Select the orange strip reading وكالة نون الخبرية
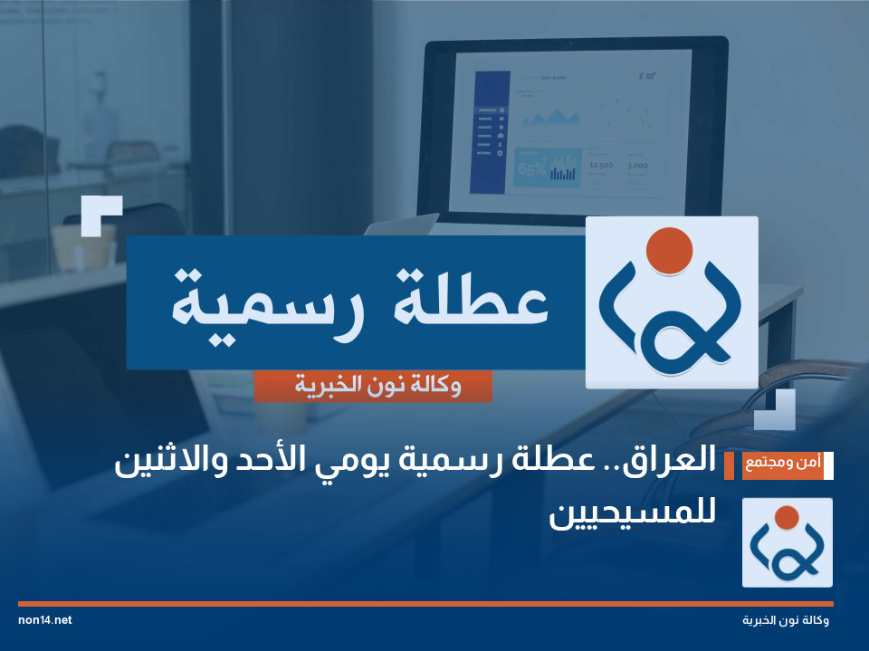point(373,387)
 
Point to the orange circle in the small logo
point(787,517)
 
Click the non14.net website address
point(44,620)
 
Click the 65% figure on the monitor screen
point(530,168)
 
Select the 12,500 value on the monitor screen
point(600,166)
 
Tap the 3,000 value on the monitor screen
point(637,166)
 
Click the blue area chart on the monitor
point(551,117)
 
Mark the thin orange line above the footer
point(425,603)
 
